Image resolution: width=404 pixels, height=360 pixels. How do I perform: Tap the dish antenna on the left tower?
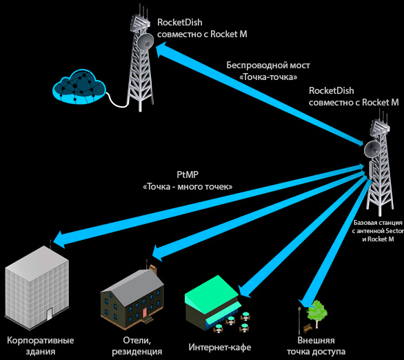(144, 42)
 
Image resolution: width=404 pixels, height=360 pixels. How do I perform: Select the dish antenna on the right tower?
(373, 148)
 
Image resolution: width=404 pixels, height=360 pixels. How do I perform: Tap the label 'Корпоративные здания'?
(40, 346)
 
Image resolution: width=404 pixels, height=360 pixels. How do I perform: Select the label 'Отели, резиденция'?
(137, 346)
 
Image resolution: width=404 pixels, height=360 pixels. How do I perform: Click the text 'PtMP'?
(187, 175)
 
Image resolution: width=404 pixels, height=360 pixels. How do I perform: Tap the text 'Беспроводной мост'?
(268, 66)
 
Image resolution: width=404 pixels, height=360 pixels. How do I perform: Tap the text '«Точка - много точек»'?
(187, 188)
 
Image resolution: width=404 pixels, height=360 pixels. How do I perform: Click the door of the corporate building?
(48, 314)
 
